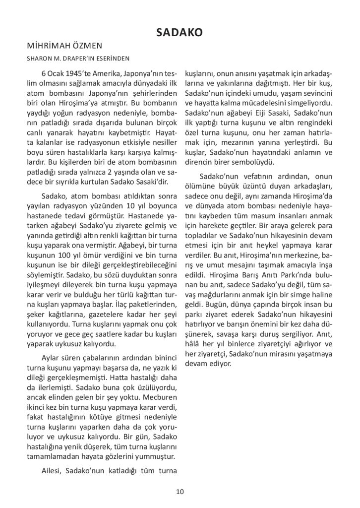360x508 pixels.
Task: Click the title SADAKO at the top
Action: (x=179, y=33)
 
